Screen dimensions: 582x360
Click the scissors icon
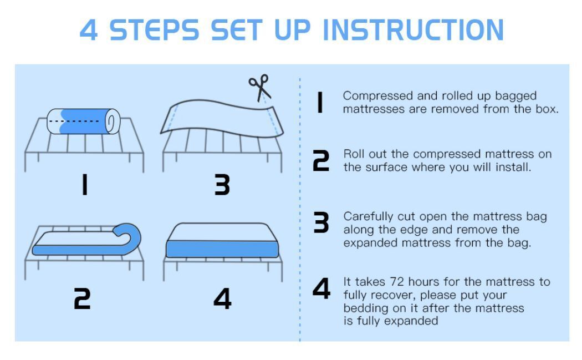coord(260,88)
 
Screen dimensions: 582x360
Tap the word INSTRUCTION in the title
coord(413,30)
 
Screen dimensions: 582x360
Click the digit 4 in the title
coord(89,30)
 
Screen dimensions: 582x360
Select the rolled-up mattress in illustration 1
coord(84,121)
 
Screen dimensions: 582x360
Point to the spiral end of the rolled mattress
coord(112,121)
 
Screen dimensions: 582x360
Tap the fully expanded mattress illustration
coord(222,240)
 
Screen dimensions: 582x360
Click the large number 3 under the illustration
coord(222,185)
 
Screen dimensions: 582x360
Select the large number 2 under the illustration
coord(82,298)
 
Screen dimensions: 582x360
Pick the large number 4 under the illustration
coord(222,298)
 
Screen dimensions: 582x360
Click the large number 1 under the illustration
coord(85,185)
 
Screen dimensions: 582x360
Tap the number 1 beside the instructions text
coord(320,103)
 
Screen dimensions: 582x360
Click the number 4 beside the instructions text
coord(321,288)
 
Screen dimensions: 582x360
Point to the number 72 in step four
coord(397,282)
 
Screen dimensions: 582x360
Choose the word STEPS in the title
coord(155,30)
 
